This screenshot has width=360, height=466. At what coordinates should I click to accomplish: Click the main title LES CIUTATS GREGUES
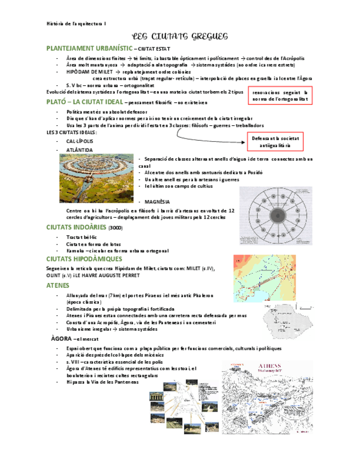(180, 36)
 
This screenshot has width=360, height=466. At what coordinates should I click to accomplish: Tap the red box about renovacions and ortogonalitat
(280, 96)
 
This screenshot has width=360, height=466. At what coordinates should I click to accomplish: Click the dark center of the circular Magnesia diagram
(276, 213)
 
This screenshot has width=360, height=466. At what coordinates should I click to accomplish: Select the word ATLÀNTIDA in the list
(79, 149)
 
